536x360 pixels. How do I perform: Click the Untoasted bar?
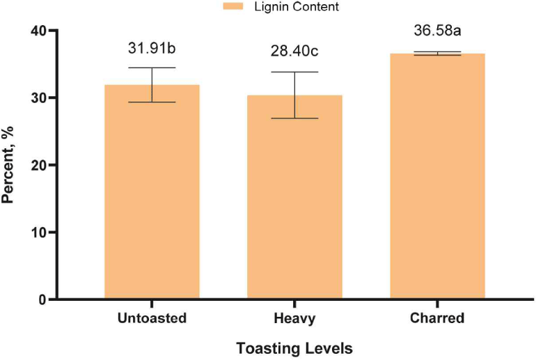(x=152, y=192)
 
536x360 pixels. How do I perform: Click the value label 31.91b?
(x=152, y=49)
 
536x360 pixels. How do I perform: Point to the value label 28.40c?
(x=294, y=52)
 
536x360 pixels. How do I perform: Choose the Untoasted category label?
(x=152, y=319)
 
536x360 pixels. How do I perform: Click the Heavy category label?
(x=294, y=319)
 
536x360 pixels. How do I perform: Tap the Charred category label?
(x=437, y=319)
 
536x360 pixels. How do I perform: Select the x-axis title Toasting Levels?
(x=294, y=347)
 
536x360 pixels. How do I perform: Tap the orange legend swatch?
(x=232, y=6)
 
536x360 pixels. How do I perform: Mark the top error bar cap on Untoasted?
(x=152, y=68)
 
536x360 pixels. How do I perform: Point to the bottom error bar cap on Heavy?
(x=294, y=118)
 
